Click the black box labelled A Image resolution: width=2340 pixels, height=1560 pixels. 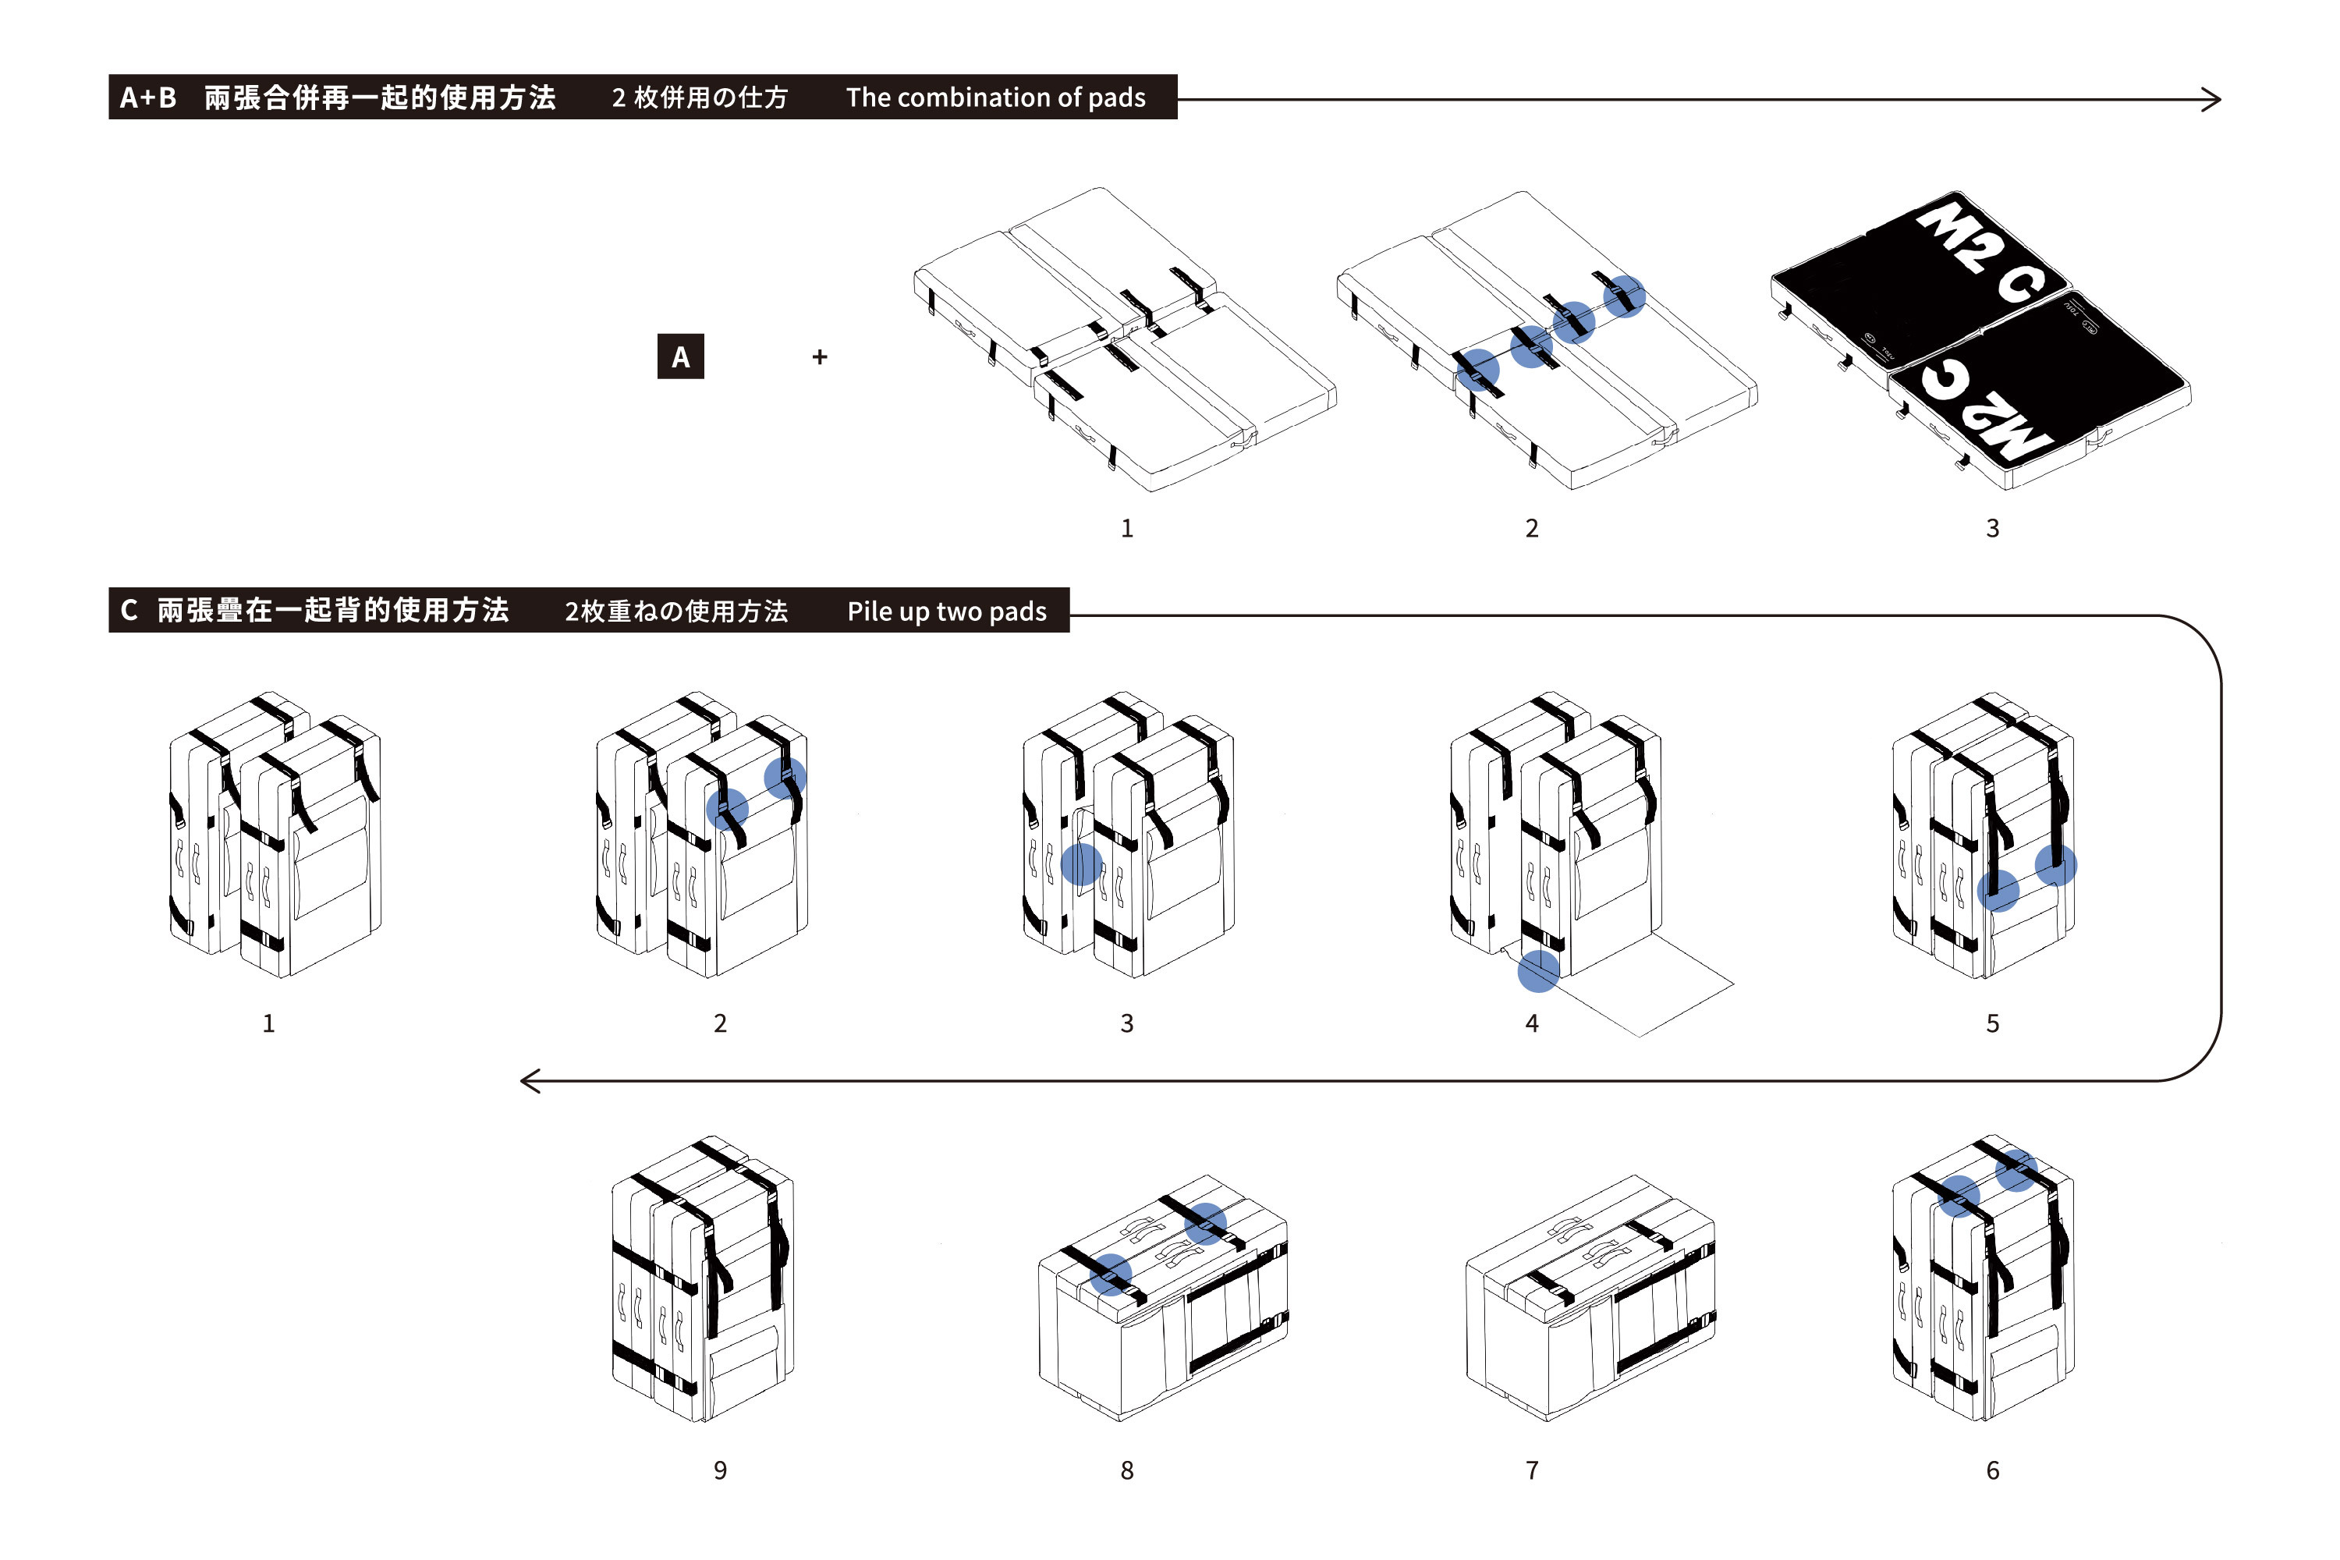680,356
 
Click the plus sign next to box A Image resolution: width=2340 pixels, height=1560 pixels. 820,356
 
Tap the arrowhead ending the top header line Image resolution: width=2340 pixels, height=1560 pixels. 2211,100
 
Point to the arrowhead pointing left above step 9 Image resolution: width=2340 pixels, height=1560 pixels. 530,1080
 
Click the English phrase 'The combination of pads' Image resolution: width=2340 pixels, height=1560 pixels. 995,97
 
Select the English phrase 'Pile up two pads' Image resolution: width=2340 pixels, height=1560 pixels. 946,611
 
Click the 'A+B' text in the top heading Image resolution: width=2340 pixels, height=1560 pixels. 147,97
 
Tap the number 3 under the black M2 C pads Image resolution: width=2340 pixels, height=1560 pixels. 1993,528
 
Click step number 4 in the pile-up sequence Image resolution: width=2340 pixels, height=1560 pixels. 1532,1023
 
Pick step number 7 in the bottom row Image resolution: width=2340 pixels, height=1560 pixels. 1532,1470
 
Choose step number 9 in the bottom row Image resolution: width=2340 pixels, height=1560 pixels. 720,1470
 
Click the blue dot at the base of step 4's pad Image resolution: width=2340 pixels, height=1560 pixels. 1538,971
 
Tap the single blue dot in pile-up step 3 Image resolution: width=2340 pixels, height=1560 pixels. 1081,863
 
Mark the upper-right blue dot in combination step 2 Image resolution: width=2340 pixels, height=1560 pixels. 1625,296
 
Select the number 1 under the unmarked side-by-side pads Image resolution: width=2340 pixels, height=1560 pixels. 1127,528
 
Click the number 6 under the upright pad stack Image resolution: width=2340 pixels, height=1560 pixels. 1993,1470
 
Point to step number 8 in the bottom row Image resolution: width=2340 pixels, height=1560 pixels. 1127,1470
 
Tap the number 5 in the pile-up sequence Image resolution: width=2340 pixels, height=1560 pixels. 1993,1023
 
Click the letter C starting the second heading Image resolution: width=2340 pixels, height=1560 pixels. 129,610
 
